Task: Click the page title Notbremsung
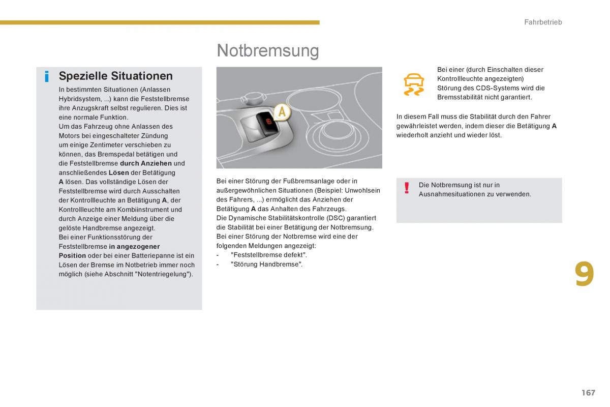[267, 50]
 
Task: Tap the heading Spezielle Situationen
[115, 76]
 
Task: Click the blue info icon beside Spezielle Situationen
[47, 77]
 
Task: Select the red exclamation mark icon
[407, 189]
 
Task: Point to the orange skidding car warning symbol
[414, 84]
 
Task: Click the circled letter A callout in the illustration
[282, 112]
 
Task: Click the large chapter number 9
[584, 275]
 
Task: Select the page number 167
[588, 392]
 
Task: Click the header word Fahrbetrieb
[543, 22]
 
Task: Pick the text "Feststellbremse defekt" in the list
[268, 255]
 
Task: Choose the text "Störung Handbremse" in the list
[266, 264]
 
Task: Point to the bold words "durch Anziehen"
[146, 163]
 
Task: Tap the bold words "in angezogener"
[134, 246]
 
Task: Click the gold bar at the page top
[160, 22]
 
